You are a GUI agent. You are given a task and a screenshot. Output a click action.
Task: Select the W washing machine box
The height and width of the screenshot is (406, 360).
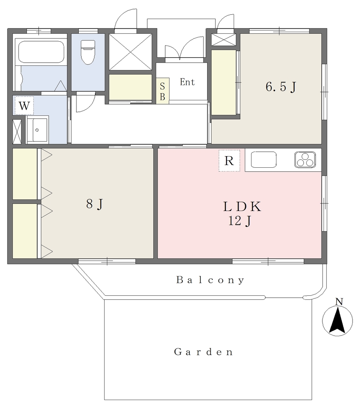[x=24, y=105]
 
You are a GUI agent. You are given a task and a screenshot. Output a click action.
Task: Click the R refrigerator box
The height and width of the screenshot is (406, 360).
[x=229, y=161]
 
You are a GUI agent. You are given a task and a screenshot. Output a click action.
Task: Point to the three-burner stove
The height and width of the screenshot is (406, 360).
[x=305, y=159]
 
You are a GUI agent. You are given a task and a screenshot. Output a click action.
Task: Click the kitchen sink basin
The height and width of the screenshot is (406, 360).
[x=263, y=159]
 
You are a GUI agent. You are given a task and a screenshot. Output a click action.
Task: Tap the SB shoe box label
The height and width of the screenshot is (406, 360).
[x=162, y=91]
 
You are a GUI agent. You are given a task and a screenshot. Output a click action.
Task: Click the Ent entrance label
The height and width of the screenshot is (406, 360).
[x=187, y=82]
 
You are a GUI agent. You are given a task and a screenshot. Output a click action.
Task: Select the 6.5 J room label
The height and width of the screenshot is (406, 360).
[x=281, y=87]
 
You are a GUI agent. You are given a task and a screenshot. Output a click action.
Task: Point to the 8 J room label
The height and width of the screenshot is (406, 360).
[x=95, y=204]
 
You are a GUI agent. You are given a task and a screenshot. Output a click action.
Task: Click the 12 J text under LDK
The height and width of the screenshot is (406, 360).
[x=240, y=221]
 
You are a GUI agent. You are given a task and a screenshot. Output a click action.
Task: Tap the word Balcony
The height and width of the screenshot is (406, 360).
[x=210, y=280]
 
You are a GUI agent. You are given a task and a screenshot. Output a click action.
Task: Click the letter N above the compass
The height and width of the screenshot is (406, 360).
[x=339, y=302]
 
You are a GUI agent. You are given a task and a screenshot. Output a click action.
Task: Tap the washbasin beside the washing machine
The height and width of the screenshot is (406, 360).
[x=37, y=130]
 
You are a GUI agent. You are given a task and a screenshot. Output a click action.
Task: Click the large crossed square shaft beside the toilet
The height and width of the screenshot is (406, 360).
[x=130, y=52]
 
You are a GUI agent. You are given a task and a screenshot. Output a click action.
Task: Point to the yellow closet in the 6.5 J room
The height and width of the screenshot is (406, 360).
[x=224, y=82]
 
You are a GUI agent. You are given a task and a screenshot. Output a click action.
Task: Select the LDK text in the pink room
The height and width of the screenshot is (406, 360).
[x=242, y=207]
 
